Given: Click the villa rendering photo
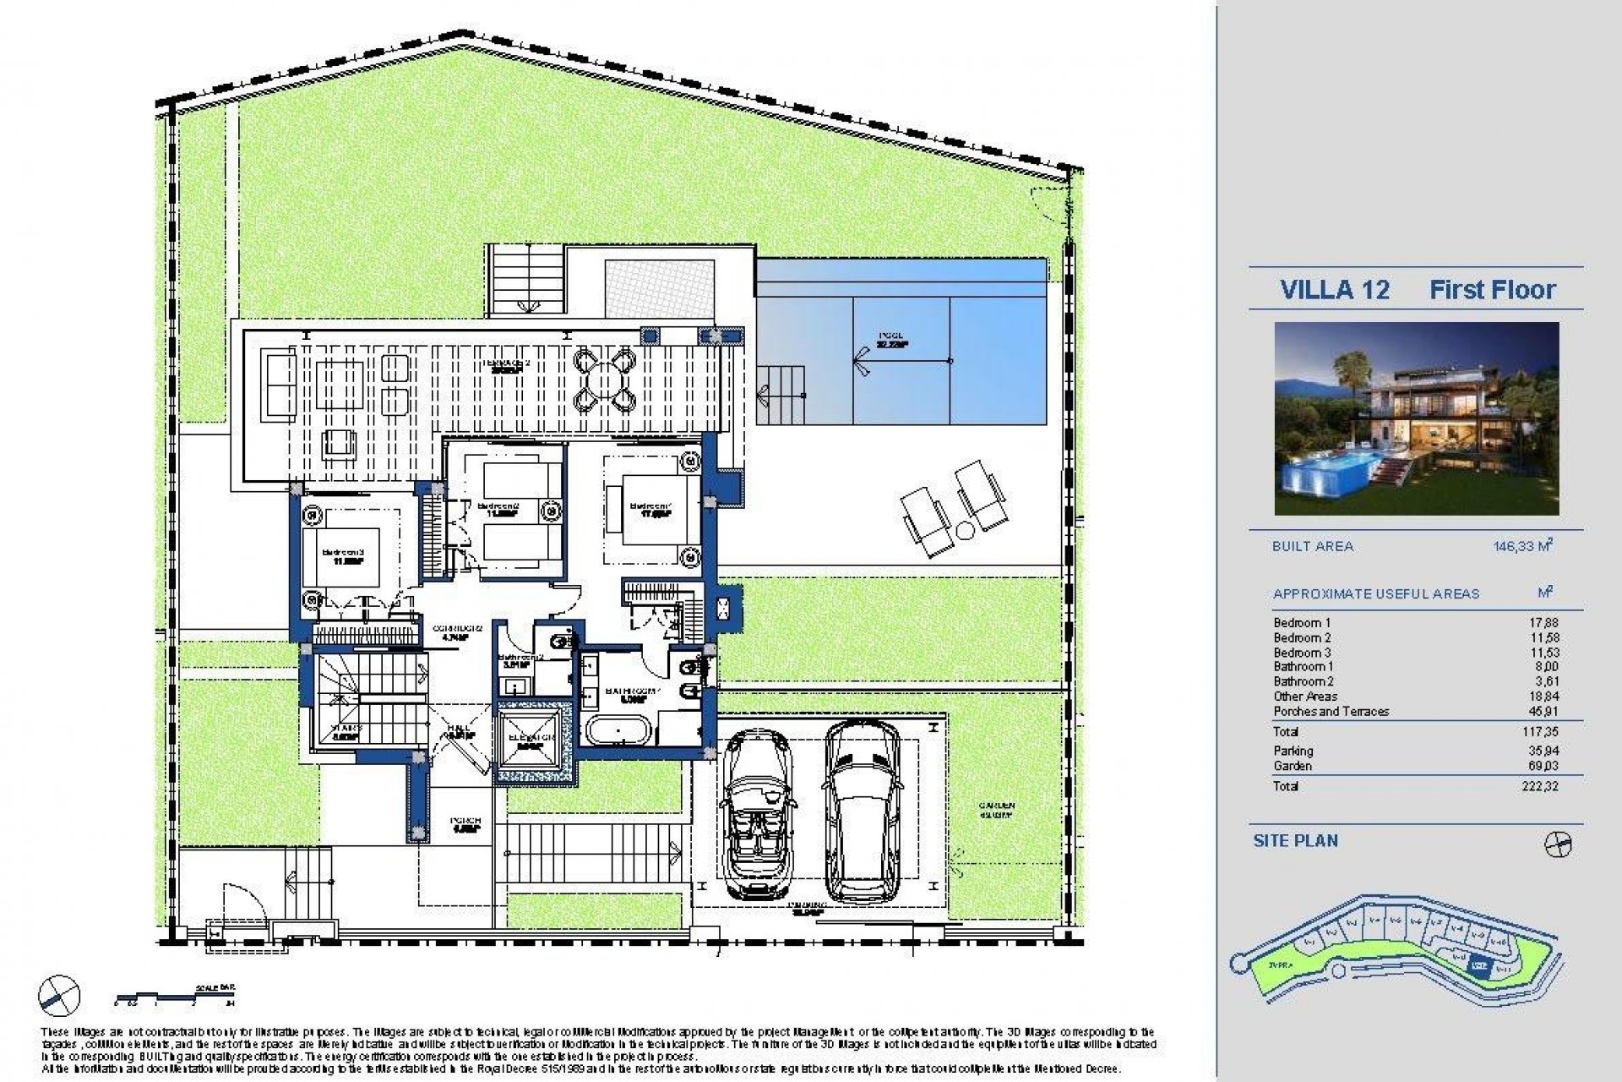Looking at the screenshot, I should pos(1416,418).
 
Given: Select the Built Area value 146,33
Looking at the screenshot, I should pos(1522,546).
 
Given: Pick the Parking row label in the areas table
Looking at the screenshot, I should pos(1293,751).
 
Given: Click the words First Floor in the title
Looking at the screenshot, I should pos(1492,290).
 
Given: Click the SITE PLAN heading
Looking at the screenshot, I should pos(1295,840).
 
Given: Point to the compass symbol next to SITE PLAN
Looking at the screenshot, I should pos(1558,844).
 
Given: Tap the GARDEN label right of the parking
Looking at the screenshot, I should pos(997,811).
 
